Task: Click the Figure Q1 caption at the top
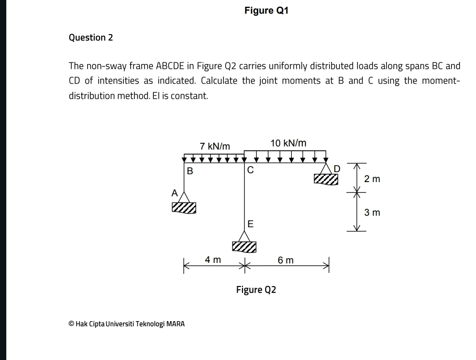pos(266,10)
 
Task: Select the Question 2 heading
pos(91,38)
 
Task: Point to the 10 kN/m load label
pos(288,143)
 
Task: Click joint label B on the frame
pos(190,171)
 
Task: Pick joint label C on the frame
pos(250,170)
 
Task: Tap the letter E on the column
pos(250,224)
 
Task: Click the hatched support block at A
pos(184,208)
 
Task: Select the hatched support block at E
pos(244,247)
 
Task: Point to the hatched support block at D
pos(326,179)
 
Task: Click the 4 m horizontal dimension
pos(213,260)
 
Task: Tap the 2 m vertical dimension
pos(372,179)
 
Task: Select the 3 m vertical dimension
pos(372,213)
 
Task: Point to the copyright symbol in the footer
pos(71,324)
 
